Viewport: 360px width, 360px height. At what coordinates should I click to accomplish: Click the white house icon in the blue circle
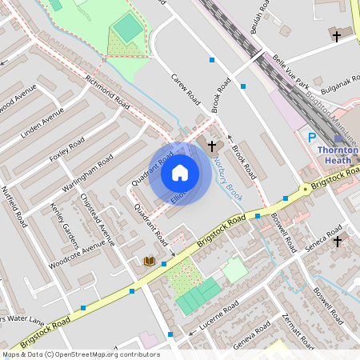pyautogui.click(x=180, y=173)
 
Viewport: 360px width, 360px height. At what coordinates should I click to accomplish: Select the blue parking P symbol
pyautogui.click(x=312, y=138)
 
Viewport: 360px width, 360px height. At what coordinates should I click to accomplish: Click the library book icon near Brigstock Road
pyautogui.click(x=149, y=261)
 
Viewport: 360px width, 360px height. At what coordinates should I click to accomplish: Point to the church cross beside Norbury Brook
pyautogui.click(x=212, y=146)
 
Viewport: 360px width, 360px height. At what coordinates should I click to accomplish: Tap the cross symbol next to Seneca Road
pyautogui.click(x=337, y=241)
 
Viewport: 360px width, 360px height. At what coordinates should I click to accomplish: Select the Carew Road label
pyautogui.click(x=186, y=89)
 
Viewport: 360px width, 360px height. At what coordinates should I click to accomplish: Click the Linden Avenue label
pyautogui.click(x=42, y=122)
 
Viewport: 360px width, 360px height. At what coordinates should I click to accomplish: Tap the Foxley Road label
pyautogui.click(x=67, y=150)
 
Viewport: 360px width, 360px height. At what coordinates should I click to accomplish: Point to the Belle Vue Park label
pyautogui.click(x=291, y=70)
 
